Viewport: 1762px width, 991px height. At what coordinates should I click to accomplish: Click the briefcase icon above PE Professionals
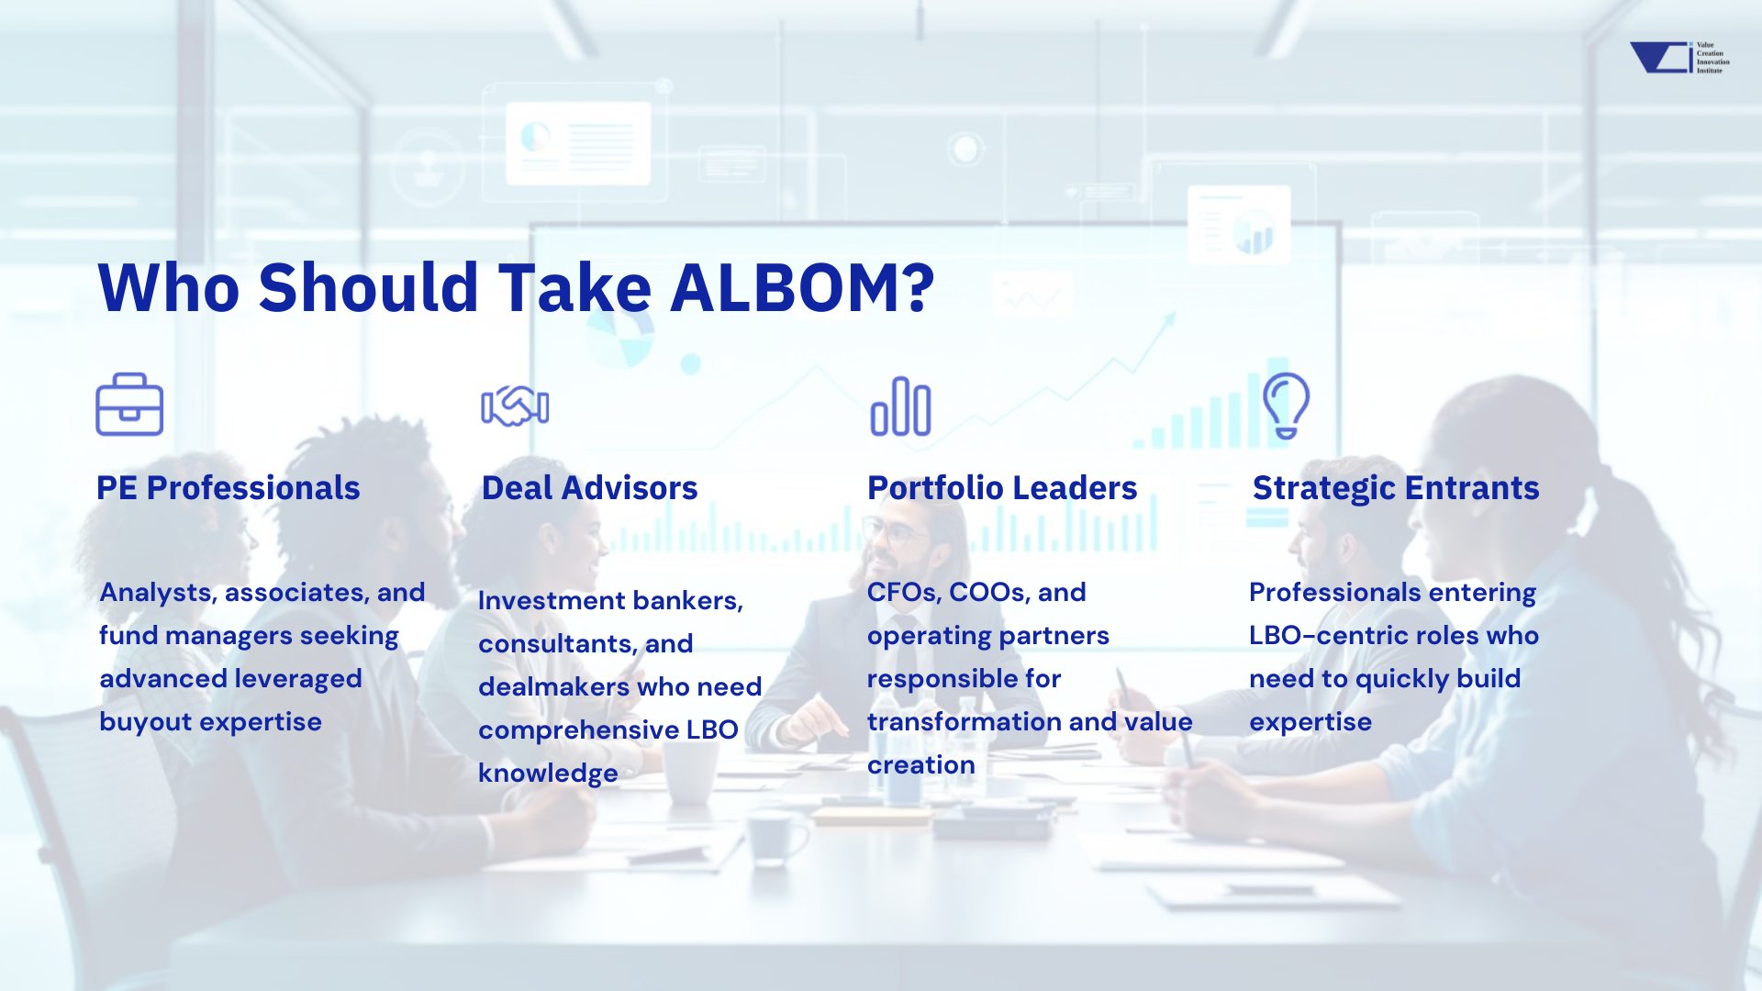(129, 404)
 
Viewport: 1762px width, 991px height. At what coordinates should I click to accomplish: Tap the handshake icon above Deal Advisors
(515, 406)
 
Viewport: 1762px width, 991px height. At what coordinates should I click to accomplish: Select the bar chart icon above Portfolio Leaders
(900, 406)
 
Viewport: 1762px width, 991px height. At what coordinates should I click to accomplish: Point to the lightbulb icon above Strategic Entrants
(1286, 405)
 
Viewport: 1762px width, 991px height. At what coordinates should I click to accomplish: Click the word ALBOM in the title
(802, 287)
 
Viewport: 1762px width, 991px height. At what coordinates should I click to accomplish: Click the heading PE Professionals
(228, 488)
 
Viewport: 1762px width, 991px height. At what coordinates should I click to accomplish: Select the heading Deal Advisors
(589, 488)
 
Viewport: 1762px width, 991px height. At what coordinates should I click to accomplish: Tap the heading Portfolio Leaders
(1002, 488)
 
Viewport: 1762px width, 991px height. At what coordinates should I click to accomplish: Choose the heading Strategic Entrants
(1396, 488)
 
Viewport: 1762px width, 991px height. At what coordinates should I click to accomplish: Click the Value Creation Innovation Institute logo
(1679, 57)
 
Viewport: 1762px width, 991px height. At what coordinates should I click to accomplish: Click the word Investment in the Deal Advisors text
(552, 600)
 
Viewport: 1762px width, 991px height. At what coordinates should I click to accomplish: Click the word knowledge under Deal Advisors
(548, 774)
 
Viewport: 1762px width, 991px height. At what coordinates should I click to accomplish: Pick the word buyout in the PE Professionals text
(146, 722)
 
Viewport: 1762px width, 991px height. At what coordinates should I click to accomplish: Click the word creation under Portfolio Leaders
(921, 765)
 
